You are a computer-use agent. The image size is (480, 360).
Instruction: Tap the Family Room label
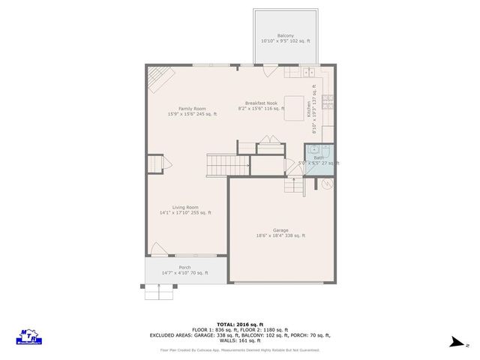point(192,109)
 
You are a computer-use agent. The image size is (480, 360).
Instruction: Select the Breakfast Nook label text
point(261,103)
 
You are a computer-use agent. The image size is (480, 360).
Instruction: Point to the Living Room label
point(185,207)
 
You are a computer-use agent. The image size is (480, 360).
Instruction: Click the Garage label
point(280,230)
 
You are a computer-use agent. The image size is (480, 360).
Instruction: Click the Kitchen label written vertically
point(307,109)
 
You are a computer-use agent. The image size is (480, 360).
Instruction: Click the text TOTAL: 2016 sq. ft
point(239,322)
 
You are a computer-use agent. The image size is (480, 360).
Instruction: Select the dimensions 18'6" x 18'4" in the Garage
point(280,236)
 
